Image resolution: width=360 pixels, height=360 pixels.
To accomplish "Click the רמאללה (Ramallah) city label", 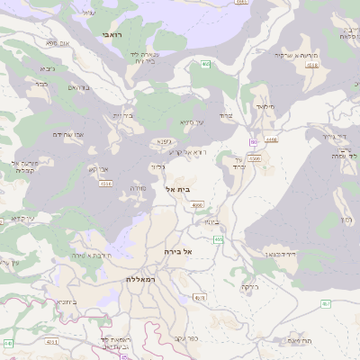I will pyautogui.click(x=141, y=280).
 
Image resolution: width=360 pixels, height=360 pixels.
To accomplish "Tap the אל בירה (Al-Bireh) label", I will pyautogui.click(x=180, y=252).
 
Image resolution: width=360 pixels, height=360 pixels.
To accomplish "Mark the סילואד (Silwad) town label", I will pyautogui.click(x=264, y=106).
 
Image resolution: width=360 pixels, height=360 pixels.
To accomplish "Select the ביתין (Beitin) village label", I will pyautogui.click(x=211, y=221).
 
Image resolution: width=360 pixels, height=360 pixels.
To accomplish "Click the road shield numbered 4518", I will pyautogui.click(x=106, y=184).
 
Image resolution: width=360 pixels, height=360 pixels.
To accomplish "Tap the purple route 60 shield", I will pyautogui.click(x=255, y=141).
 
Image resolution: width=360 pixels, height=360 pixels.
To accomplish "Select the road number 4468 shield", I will pyautogui.click(x=273, y=139).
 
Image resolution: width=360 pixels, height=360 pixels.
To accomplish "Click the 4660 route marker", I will pyautogui.click(x=197, y=205).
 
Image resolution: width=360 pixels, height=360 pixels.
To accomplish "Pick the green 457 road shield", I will pyautogui.click(x=325, y=304).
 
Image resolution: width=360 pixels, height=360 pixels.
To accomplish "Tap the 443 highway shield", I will pyautogui.click(x=8, y=343).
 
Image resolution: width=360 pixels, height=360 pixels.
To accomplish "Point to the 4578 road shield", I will pyautogui.click(x=200, y=297).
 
